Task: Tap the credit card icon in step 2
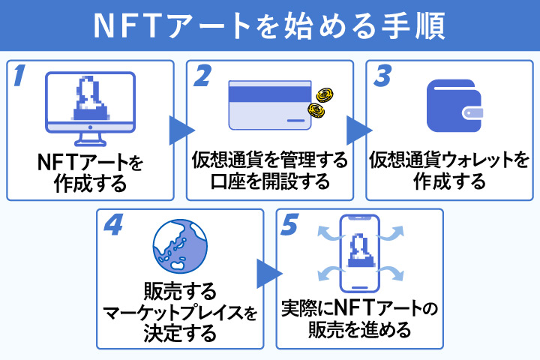[266, 106]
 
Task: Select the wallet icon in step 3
[450, 106]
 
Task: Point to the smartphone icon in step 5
[360, 254]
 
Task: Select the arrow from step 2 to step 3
[358, 130]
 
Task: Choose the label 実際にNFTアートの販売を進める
[360, 319]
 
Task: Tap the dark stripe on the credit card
[266, 94]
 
